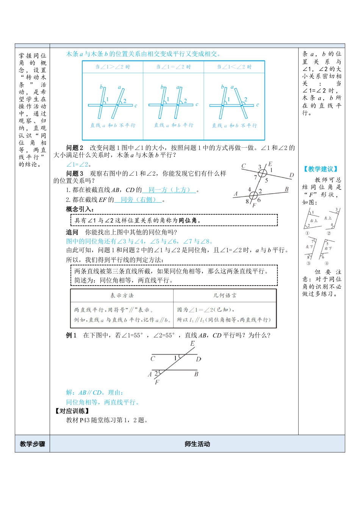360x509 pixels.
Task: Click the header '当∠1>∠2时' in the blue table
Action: tap(113, 67)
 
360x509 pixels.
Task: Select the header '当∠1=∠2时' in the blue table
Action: tap(174, 67)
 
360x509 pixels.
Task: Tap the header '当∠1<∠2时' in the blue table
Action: tap(234, 67)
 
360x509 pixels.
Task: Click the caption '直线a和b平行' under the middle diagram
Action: tap(174, 125)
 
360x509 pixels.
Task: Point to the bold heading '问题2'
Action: tap(74, 148)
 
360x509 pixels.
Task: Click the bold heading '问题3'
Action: tap(74, 174)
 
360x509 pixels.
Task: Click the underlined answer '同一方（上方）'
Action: tap(169, 190)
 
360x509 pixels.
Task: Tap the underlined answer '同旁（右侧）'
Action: tap(138, 200)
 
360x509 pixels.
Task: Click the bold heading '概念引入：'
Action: tap(80, 209)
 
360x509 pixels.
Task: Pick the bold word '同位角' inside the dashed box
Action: tap(188, 220)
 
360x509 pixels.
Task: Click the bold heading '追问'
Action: tap(72, 232)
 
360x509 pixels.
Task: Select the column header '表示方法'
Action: tap(122, 295)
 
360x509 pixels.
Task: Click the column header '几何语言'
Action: tap(225, 295)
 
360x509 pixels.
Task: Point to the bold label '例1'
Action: tap(71, 335)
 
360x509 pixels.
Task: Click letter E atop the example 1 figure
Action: tap(193, 344)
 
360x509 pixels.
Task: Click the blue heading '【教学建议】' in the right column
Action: tap(321, 169)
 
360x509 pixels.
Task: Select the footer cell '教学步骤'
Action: tap(32, 444)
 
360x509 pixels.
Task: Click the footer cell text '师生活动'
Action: tap(197, 444)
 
